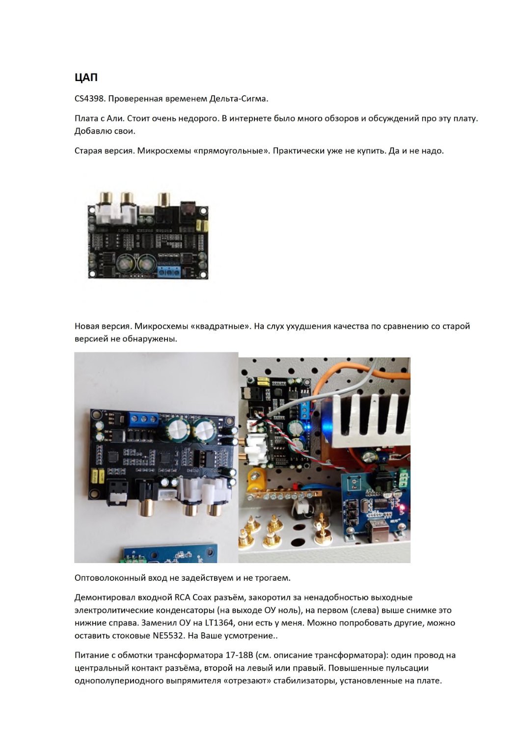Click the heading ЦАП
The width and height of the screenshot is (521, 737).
click(86, 77)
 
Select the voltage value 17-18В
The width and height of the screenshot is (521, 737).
click(239, 655)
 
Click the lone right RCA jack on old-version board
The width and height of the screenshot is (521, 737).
click(164, 199)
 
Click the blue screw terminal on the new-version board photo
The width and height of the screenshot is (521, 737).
click(144, 419)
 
